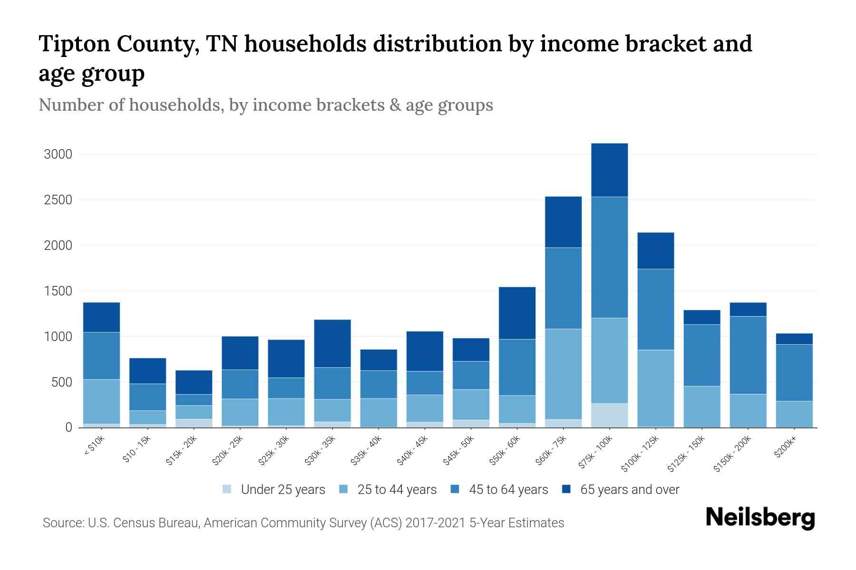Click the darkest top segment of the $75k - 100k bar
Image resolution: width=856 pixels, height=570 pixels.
609,170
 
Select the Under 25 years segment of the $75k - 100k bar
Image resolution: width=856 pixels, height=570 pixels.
609,415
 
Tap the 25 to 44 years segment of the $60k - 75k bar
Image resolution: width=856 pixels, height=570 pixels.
563,374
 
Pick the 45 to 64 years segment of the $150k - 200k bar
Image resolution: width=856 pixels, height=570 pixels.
748,355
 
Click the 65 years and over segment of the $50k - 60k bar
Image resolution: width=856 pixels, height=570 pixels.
517,313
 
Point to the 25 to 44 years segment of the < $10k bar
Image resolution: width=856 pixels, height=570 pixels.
101,401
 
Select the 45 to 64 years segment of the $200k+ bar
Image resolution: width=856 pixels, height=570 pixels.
794,373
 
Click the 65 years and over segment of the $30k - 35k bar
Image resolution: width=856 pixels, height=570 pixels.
332,343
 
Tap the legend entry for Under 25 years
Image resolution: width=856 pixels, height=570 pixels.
274,490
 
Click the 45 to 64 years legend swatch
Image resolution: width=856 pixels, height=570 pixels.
455,489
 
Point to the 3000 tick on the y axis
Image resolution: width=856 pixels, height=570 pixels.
58,155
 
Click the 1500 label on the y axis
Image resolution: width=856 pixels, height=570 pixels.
58,291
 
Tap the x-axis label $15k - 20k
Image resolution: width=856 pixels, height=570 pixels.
182,451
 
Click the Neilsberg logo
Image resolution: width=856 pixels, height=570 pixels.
760,517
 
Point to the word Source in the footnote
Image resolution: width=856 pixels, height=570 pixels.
63,523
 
